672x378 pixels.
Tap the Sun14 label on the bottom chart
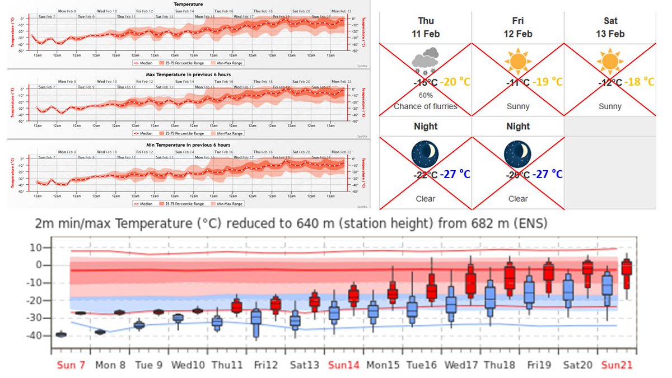point(343,365)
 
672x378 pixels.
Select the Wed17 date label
point(462,365)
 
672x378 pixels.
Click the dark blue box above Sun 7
point(60,334)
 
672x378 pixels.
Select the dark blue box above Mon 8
point(100,332)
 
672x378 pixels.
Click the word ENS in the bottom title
point(530,224)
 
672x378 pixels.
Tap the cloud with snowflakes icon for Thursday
point(425,61)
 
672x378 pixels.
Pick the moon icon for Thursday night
point(425,154)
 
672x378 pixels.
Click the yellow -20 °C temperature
point(455,82)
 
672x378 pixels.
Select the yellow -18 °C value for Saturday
point(640,82)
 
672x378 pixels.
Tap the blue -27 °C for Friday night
point(547,174)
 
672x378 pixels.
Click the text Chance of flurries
point(425,106)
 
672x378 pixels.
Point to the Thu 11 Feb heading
point(425,27)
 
